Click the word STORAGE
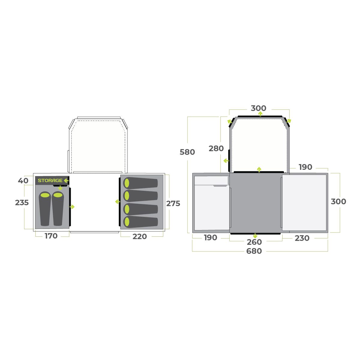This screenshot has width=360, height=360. [x=50, y=180]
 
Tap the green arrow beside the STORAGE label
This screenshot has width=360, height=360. [x=66, y=181]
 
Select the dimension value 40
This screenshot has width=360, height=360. [x=23, y=181]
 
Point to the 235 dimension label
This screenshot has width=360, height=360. [x=22, y=202]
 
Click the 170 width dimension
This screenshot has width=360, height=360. [x=51, y=236]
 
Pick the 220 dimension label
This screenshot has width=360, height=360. [x=140, y=236]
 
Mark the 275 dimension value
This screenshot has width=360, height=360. [x=173, y=203]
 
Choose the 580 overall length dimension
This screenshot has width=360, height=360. [x=187, y=152]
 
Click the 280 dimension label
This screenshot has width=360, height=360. [x=216, y=148]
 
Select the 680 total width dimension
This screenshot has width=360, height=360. [x=254, y=251]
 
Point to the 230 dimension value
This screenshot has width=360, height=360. [x=302, y=238]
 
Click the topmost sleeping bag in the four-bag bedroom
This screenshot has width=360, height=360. [x=140, y=183]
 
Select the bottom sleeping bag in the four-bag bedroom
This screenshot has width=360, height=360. [x=140, y=222]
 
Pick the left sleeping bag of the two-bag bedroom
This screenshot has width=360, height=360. [x=45, y=208]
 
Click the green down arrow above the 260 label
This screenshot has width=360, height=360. [x=255, y=235]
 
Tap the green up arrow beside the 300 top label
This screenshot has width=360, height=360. [x=260, y=114]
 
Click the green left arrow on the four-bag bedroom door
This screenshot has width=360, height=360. [x=117, y=202]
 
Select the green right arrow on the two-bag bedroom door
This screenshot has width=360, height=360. [x=72, y=207]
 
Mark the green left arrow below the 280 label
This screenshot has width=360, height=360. [x=226, y=161]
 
